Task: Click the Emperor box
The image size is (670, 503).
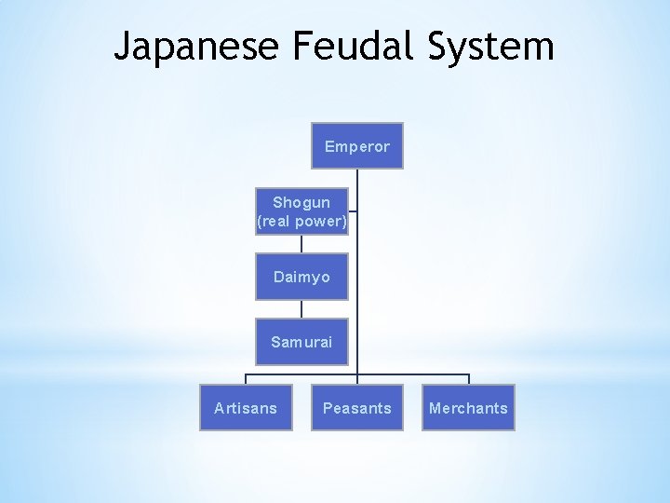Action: (x=357, y=145)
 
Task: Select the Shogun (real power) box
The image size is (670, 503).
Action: (x=301, y=211)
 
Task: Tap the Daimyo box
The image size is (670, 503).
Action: (x=301, y=277)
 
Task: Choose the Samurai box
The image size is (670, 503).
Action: (x=301, y=342)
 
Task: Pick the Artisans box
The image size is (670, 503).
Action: (x=246, y=408)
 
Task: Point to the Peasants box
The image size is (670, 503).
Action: (x=357, y=408)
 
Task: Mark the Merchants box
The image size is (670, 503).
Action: (x=468, y=408)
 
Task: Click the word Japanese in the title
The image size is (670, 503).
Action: (x=195, y=46)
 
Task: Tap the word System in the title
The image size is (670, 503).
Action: (x=492, y=46)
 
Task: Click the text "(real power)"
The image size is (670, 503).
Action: (x=301, y=222)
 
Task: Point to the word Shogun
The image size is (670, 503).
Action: (x=301, y=202)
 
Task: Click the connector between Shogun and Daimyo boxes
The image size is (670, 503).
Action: (x=301, y=244)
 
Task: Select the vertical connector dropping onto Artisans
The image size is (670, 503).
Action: (x=246, y=379)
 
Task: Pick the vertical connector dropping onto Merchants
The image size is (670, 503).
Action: (x=469, y=379)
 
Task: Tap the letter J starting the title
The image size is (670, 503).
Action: (x=123, y=46)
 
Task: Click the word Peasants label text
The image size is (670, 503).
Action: (x=357, y=408)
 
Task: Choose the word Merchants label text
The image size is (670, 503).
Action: (x=468, y=408)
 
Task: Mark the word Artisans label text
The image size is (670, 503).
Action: (x=246, y=408)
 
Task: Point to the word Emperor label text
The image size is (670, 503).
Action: (x=357, y=146)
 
